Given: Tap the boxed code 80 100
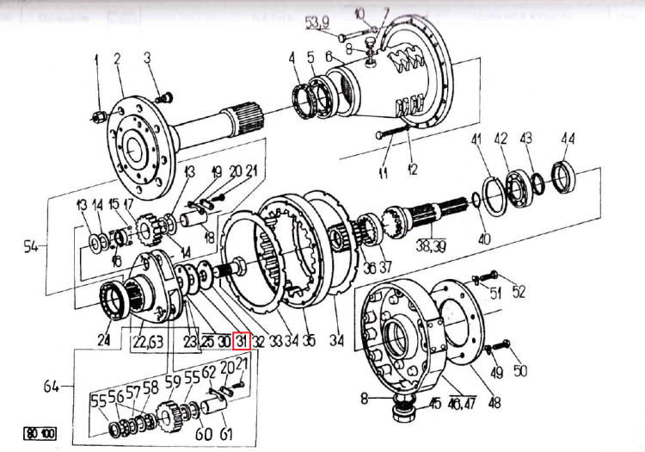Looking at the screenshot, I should pyautogui.click(x=40, y=433).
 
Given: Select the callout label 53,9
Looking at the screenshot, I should pyautogui.click(x=316, y=21).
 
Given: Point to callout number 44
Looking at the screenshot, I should pyautogui.click(x=568, y=139).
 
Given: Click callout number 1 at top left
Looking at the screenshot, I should pyautogui.click(x=96, y=59).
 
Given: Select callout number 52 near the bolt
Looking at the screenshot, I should pyautogui.click(x=518, y=293).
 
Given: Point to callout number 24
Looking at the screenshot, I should pyautogui.click(x=104, y=341).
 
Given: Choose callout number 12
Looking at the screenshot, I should pyautogui.click(x=412, y=170).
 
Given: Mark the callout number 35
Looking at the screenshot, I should pyautogui.click(x=308, y=341).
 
